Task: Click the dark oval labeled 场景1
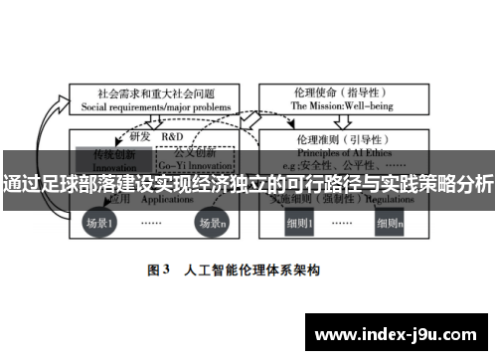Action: (98, 224)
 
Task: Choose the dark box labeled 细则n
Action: (389, 224)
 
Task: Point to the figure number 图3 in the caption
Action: (161, 270)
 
